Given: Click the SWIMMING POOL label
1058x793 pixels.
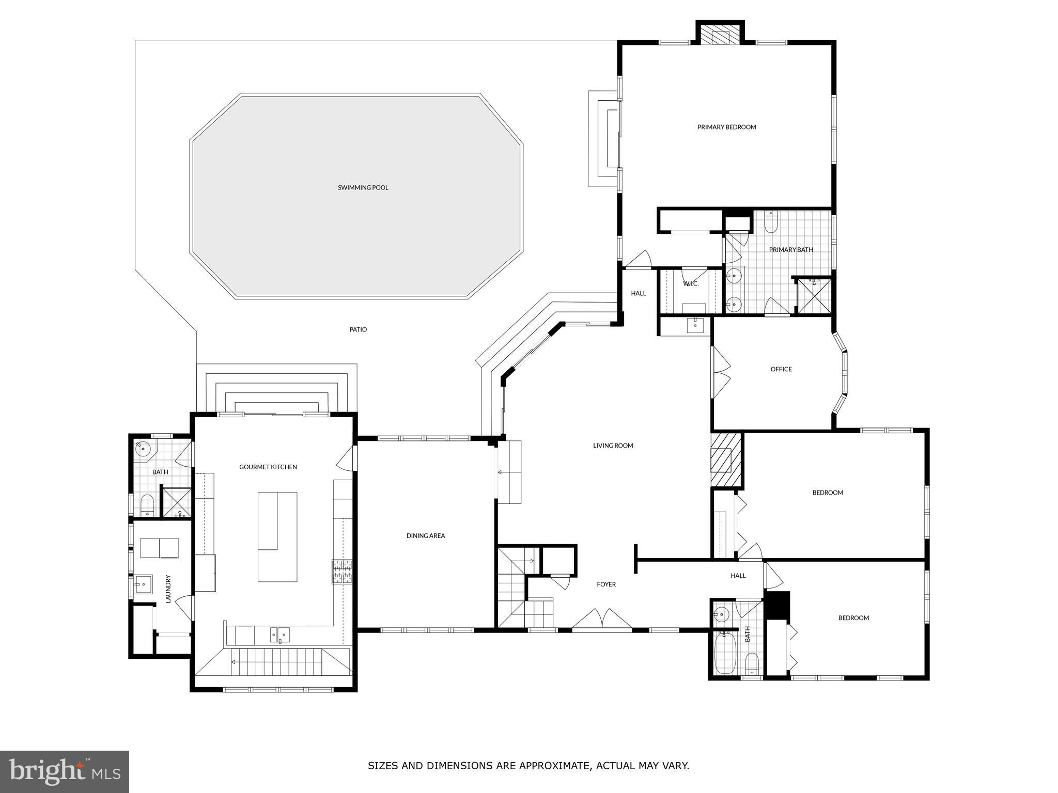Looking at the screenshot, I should coord(363,187).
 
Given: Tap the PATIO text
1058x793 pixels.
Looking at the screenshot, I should coord(358,329).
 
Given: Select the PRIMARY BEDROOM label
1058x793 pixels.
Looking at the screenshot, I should coord(726,127).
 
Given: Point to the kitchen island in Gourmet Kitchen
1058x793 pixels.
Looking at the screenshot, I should coord(277,537).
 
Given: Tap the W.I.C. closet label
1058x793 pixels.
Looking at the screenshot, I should coord(690,284).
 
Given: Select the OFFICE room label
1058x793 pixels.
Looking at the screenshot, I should coord(781,369).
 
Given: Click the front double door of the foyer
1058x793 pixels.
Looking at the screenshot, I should coord(602,621).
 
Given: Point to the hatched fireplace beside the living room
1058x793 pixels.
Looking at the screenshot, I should coord(726,460).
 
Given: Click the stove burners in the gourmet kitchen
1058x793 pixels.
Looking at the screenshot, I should coord(342,572).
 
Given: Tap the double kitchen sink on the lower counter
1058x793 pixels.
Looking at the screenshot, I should coord(279,635).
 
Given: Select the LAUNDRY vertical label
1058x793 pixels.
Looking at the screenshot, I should coord(168,589).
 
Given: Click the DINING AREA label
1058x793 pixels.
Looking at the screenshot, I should coord(425,536).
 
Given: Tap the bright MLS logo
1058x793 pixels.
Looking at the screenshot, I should coord(65,772).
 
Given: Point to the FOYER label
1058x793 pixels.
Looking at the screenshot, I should coord(606,584).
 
